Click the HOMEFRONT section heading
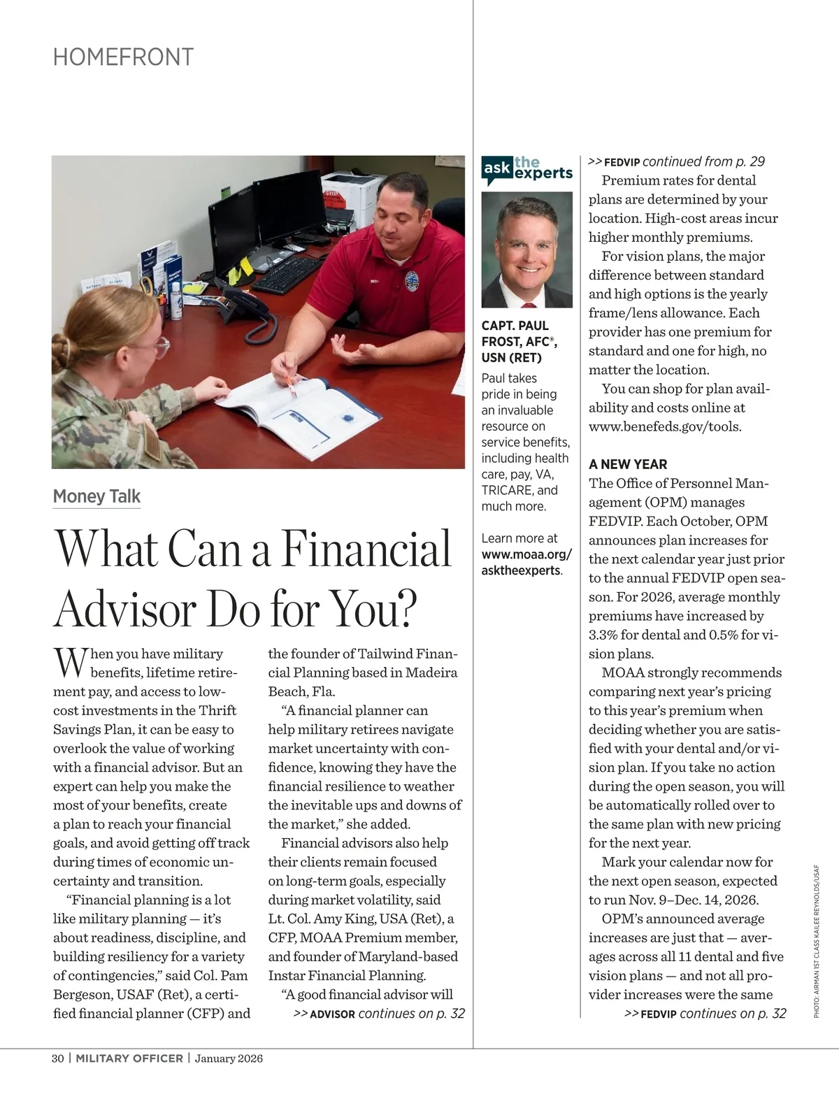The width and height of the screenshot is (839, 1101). click(123, 57)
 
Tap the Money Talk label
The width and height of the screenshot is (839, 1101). click(96, 496)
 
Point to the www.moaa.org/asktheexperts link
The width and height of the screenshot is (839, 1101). click(526, 562)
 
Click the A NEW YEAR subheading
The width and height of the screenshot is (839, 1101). click(628, 464)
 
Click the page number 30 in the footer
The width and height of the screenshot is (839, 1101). click(58, 1058)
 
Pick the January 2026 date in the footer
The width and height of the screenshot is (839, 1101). click(229, 1058)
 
